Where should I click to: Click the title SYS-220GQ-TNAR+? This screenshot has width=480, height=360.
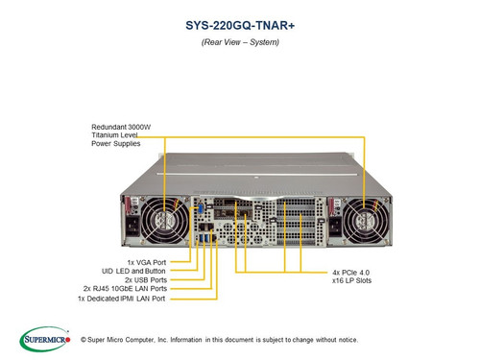(239, 28)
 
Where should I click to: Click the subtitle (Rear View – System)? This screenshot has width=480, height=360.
(239, 45)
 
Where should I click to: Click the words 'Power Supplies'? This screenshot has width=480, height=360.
(117, 146)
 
